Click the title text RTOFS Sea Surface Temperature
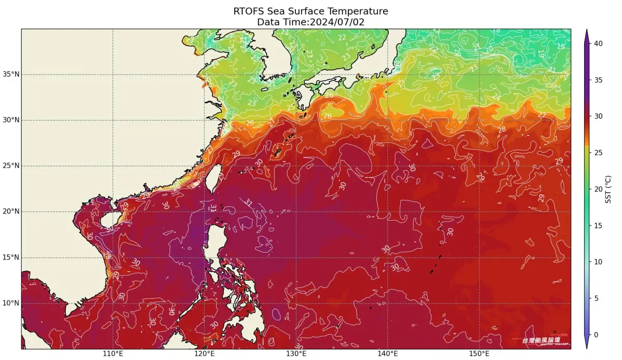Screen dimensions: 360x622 point(310,11)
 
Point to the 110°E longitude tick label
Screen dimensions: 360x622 point(113,354)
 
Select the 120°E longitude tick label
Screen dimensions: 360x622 point(205,354)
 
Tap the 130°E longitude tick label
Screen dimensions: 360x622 point(296,354)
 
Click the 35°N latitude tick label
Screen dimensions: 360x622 point(10,75)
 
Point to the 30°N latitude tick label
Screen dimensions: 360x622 point(10,120)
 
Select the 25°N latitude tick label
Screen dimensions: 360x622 point(10,166)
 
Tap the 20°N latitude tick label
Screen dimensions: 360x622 point(10,211)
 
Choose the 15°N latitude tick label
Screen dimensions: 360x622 point(10,257)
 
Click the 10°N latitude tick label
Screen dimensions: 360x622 point(10,303)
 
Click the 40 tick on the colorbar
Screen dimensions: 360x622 point(598,44)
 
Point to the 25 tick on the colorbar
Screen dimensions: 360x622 point(598,153)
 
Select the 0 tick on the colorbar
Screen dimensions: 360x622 point(596,335)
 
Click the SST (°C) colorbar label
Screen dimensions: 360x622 point(610,189)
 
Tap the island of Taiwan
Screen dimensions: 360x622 point(216,179)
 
